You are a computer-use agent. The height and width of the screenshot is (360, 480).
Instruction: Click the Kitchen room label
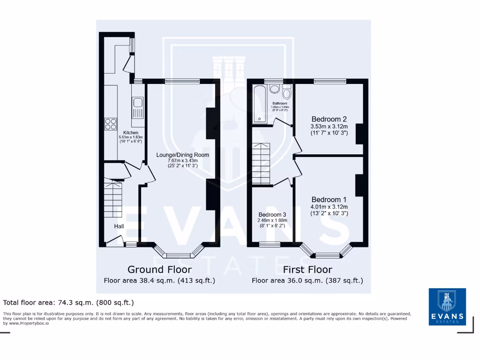point(131,133)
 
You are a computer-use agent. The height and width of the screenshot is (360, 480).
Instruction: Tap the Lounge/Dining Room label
point(182,155)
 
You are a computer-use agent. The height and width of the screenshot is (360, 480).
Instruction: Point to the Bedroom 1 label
point(329,199)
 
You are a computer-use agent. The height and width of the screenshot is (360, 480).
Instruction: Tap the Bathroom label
point(280,103)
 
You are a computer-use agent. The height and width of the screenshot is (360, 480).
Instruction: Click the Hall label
point(119,226)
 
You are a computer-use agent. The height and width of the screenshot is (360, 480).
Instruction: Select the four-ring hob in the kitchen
point(111,124)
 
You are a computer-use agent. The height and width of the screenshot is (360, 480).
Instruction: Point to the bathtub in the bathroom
point(258,105)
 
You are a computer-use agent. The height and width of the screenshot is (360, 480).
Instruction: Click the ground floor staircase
point(113,200)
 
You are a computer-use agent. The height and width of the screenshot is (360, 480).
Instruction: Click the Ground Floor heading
point(159,270)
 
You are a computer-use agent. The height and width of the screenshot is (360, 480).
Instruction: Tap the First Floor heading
point(307,270)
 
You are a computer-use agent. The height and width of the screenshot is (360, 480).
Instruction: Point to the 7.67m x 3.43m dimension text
point(182,160)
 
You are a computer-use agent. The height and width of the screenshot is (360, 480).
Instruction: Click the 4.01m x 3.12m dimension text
point(329,207)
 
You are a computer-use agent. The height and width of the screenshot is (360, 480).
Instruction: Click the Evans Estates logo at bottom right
point(447,307)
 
